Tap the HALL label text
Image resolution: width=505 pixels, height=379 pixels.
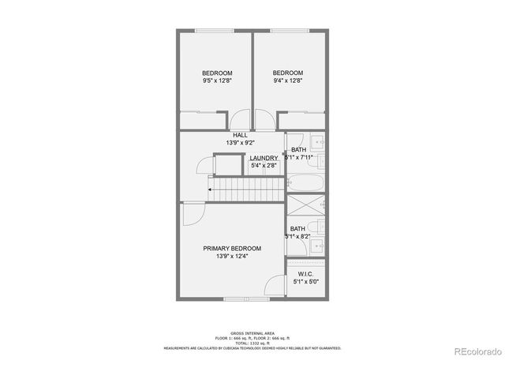pos(240,135)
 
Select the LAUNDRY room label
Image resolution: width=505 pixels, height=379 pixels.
pos(264,158)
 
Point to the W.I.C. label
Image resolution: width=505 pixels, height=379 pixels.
pos(306,273)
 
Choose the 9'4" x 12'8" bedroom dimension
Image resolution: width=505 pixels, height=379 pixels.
pos(288,81)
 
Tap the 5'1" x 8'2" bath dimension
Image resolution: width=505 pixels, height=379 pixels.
pos(298,236)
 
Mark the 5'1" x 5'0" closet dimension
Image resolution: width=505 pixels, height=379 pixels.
pos(306,282)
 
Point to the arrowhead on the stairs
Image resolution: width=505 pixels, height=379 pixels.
pos(211,189)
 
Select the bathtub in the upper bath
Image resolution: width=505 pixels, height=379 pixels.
pos(305,183)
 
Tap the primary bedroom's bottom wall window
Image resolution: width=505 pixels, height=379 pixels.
pos(236,298)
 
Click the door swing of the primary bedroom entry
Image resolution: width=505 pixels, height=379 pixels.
pos(193,213)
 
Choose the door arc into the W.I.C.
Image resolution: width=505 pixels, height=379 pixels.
pos(274,286)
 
